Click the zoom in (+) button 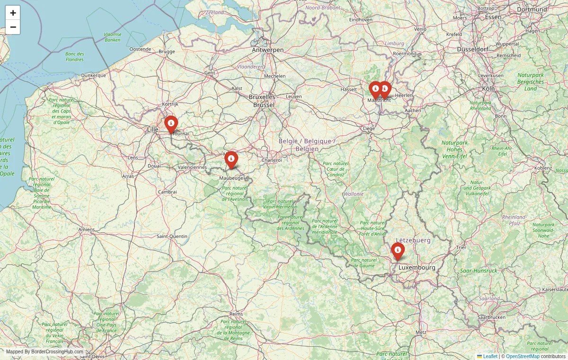tap(13, 13)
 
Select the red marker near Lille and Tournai tap(171, 124)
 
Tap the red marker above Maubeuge tap(231, 160)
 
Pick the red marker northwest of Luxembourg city tap(398, 251)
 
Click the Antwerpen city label tap(267, 50)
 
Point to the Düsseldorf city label tap(472, 49)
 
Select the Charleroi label tap(271, 160)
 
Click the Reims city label tap(236, 314)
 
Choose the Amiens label tap(87, 229)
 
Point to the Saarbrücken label tap(490, 317)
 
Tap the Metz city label tap(420, 332)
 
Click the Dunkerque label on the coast tap(93, 75)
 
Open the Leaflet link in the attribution tap(490, 356)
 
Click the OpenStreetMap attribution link tap(523, 356)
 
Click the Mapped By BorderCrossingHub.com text tap(44, 352)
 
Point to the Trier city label tap(461, 247)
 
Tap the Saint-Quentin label tap(172, 236)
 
